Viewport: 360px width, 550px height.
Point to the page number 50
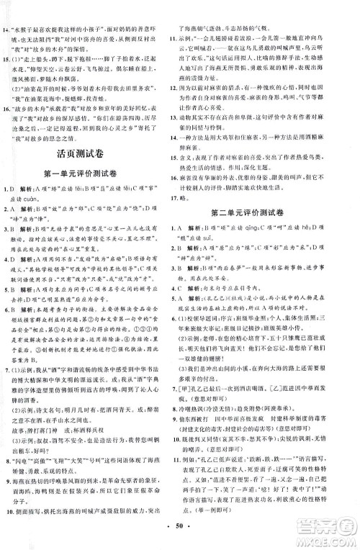click(x=180, y=537)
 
